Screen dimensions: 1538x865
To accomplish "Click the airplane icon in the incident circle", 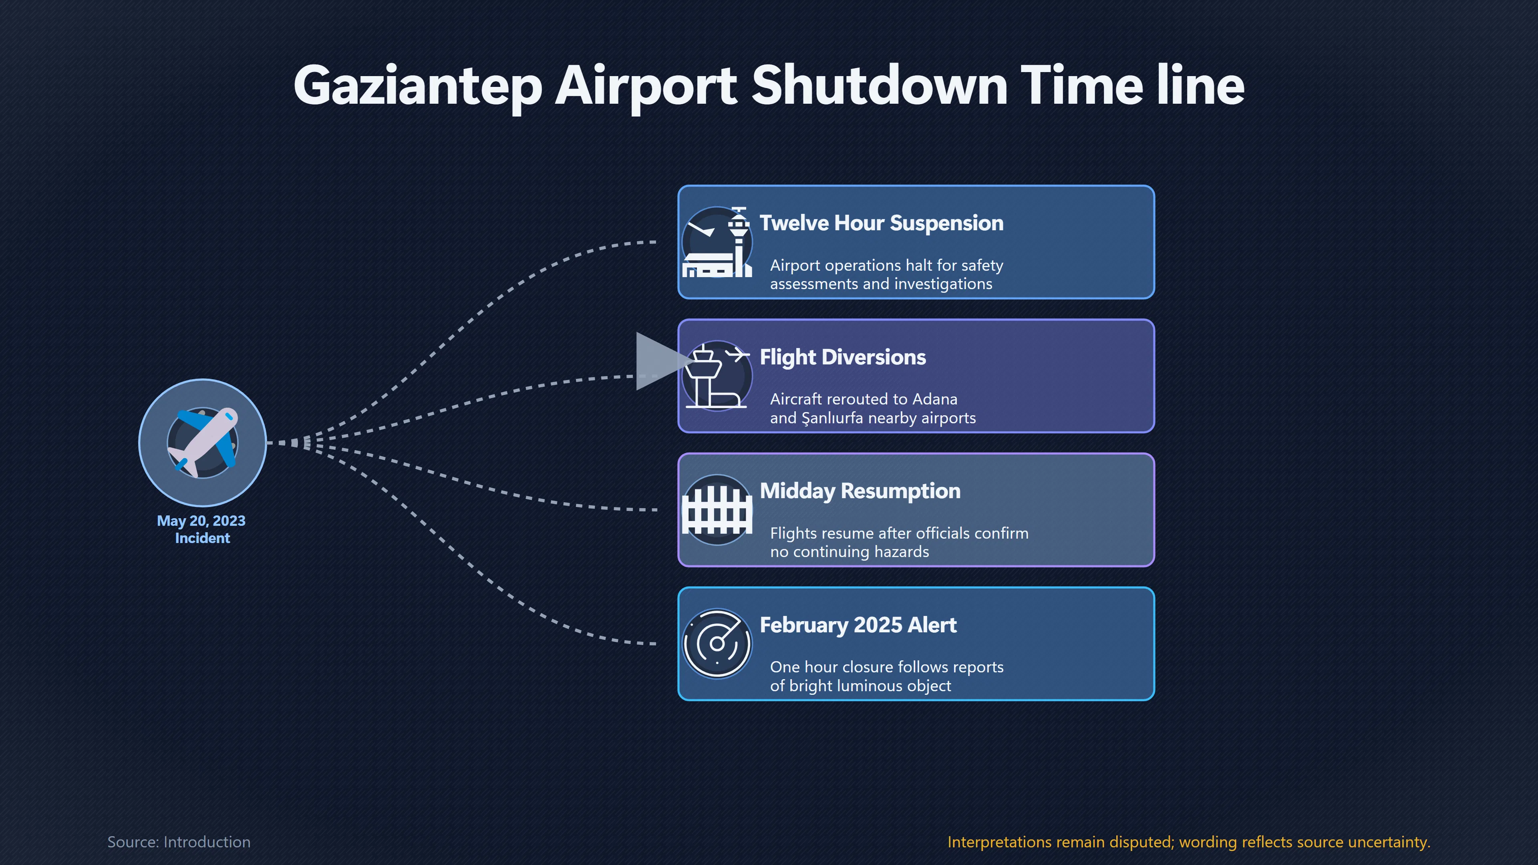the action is point(202,443).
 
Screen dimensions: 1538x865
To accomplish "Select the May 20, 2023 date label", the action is point(201,521).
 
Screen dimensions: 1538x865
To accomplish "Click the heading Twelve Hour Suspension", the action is point(881,223).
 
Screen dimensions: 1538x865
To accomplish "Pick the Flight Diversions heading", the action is point(842,357).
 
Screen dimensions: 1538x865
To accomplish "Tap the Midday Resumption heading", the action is point(860,491).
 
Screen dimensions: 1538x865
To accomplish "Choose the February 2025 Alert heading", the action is point(858,625).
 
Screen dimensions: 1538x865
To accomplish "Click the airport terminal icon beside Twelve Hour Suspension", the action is point(717,242).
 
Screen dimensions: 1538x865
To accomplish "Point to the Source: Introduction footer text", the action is point(179,842).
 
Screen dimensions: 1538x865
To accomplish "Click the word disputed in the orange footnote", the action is point(1141,842).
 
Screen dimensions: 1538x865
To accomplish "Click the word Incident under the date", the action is point(202,538).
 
